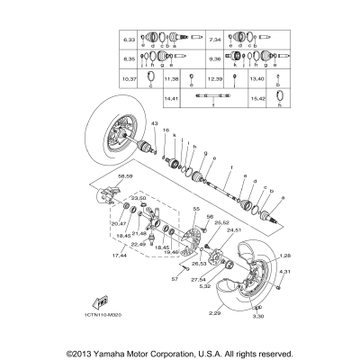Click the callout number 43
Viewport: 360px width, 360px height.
154,123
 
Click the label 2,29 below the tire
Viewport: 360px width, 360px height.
214,312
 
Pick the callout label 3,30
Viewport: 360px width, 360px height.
257,318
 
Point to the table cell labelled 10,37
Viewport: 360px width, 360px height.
130,78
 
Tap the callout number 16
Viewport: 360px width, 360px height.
165,130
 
